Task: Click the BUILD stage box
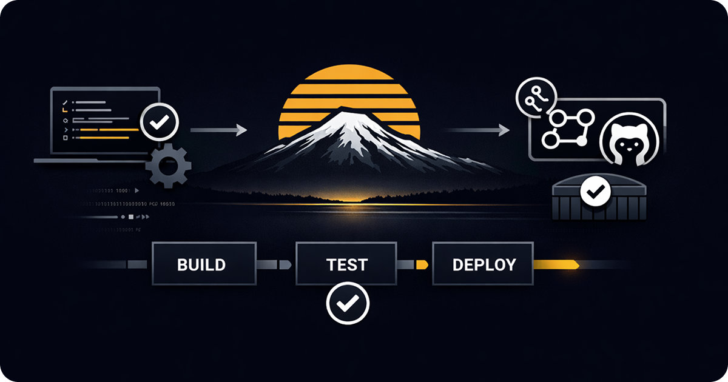[x=201, y=264]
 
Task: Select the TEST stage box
[x=347, y=264]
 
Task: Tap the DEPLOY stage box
[x=484, y=264]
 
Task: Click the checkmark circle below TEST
[x=347, y=304]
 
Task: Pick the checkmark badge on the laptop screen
[x=160, y=123]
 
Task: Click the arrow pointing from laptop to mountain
[x=218, y=130]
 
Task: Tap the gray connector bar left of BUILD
[x=137, y=265]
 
